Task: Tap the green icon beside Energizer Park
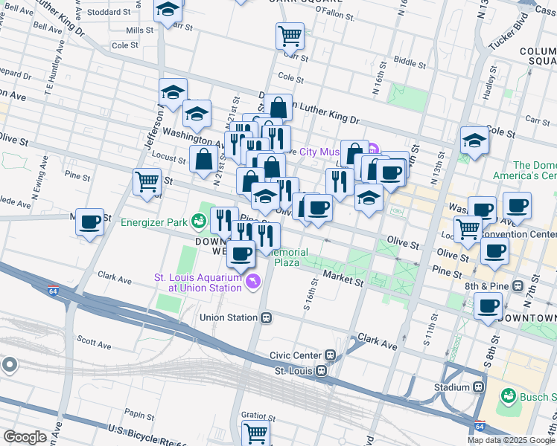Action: pyautogui.click(x=197, y=220)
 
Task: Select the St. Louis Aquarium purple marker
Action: pyautogui.click(x=254, y=282)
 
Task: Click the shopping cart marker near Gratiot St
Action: pyautogui.click(x=255, y=433)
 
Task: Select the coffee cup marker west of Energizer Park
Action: pyautogui.click(x=90, y=222)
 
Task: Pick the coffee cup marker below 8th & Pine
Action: pyautogui.click(x=488, y=306)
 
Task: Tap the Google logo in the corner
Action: pyautogui.click(x=25, y=436)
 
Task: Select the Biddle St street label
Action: pyautogui.click(x=408, y=62)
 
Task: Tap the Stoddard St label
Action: pyautogui.click(x=106, y=12)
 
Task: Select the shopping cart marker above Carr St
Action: pyautogui.click(x=290, y=34)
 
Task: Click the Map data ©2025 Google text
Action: pyautogui.click(x=512, y=440)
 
